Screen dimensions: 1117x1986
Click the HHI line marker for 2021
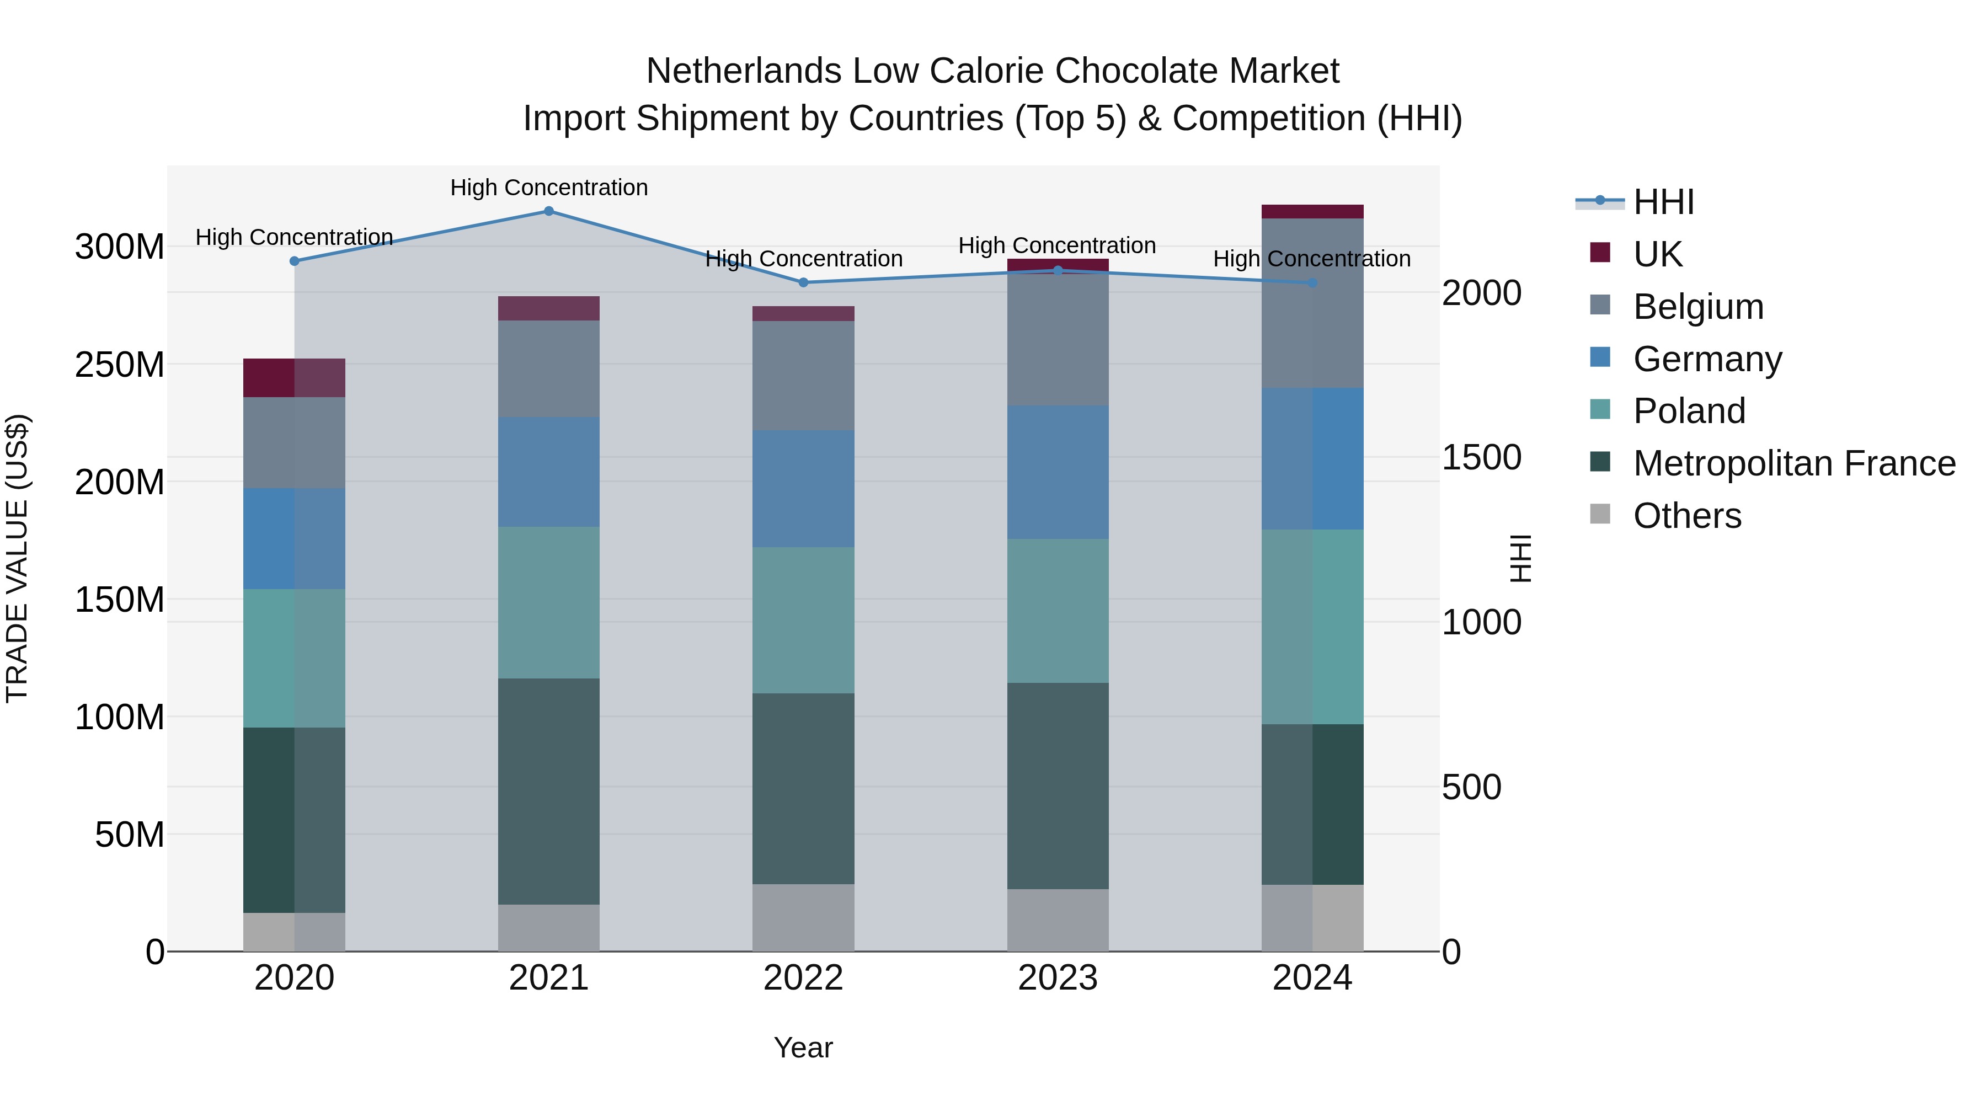[x=549, y=211]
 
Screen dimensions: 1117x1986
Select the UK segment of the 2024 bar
[x=1312, y=212]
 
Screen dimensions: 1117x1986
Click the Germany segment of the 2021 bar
[x=549, y=472]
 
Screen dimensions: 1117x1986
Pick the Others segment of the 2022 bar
[x=803, y=917]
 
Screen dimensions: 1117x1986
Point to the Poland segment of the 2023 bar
[x=1058, y=611]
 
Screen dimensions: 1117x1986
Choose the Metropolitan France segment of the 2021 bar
[x=549, y=791]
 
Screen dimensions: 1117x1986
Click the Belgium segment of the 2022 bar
[x=803, y=376]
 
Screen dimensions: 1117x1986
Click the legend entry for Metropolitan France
[x=1794, y=463]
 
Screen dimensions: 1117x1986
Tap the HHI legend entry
[x=1663, y=202]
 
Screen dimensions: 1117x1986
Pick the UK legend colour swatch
[x=1600, y=253]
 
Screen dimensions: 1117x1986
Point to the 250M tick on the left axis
[x=120, y=365]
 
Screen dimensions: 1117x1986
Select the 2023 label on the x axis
[x=1058, y=978]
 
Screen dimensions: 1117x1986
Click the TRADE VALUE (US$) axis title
[x=17, y=558]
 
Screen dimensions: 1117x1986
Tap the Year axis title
[x=803, y=1047]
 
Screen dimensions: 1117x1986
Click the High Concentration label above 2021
[x=549, y=188]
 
